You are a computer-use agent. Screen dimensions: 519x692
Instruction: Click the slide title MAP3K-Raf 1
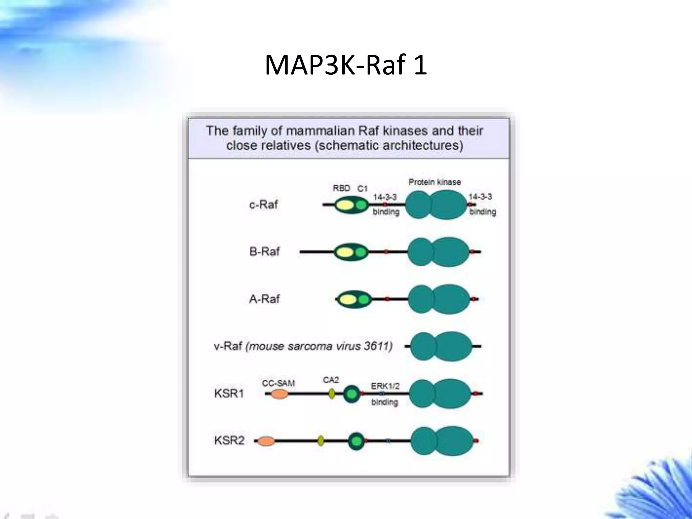tap(346, 65)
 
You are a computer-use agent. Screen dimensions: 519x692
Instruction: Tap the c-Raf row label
tap(264, 204)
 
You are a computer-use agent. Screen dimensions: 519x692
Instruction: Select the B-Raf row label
tap(265, 252)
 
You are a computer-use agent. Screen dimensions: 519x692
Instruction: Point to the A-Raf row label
tap(265, 299)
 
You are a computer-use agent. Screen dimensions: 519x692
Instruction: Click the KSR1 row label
tap(229, 394)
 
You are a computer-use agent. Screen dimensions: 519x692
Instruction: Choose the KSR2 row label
tap(229, 441)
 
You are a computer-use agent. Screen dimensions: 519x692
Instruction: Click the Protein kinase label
tap(435, 182)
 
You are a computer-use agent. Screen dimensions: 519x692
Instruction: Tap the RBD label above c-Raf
tap(341, 188)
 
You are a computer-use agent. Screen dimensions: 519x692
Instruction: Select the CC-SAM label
tap(278, 383)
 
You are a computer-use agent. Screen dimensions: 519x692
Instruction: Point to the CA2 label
tap(331, 380)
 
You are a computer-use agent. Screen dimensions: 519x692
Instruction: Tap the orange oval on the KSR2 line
tap(266, 441)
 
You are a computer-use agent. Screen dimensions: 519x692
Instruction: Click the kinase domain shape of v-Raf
tap(441, 346)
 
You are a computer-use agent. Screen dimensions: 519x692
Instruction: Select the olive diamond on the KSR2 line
tap(321, 441)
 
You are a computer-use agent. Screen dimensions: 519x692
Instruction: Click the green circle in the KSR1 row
tap(352, 394)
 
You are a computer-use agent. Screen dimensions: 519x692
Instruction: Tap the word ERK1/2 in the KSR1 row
tap(385, 386)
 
